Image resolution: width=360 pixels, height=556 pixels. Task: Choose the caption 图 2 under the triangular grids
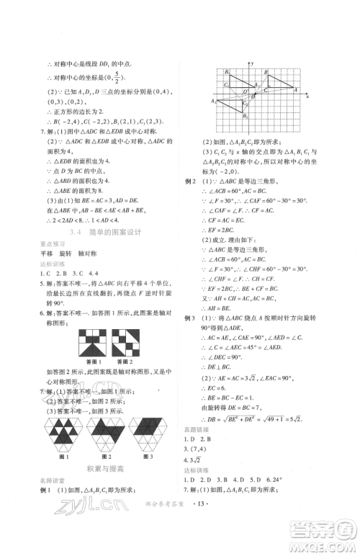point(108,456)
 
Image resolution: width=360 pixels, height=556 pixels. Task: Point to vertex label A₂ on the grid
point(215,102)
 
